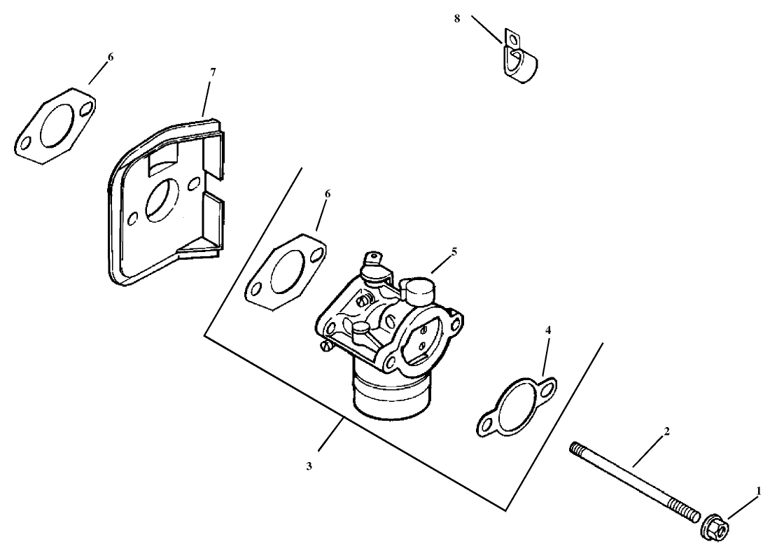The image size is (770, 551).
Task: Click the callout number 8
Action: [457, 18]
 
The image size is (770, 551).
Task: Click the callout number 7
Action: [213, 71]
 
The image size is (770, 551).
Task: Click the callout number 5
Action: [454, 251]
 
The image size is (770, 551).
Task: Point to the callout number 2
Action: [666, 432]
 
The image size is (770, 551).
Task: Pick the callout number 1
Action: [758, 491]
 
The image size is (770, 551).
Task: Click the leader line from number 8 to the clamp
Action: [487, 29]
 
